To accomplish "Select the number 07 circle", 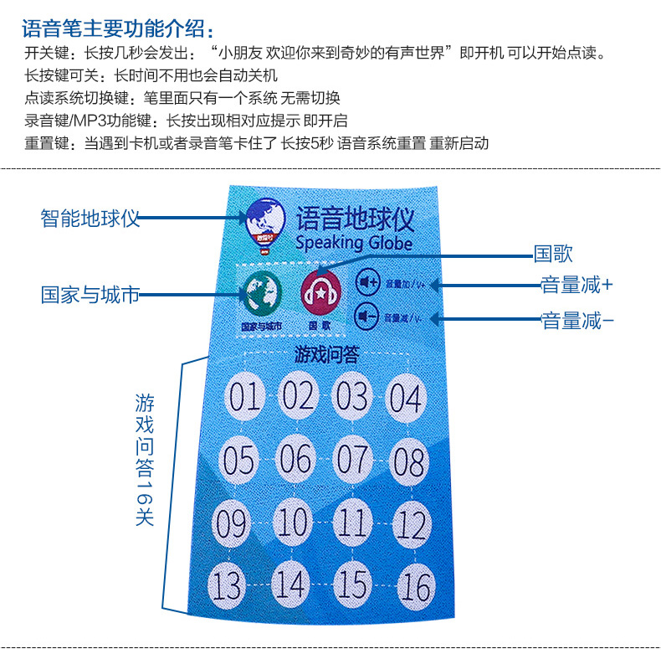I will [x=352, y=457].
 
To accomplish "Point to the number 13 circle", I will [x=227, y=584].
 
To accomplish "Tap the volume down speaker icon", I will [x=365, y=317].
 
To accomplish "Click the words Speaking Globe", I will [x=354, y=243].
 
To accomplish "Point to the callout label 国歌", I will [x=553, y=254].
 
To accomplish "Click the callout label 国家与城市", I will [x=90, y=295].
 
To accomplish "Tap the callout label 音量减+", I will [x=576, y=285].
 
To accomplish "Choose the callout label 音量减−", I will [x=577, y=320].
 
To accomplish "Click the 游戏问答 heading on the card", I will [x=326, y=354].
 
